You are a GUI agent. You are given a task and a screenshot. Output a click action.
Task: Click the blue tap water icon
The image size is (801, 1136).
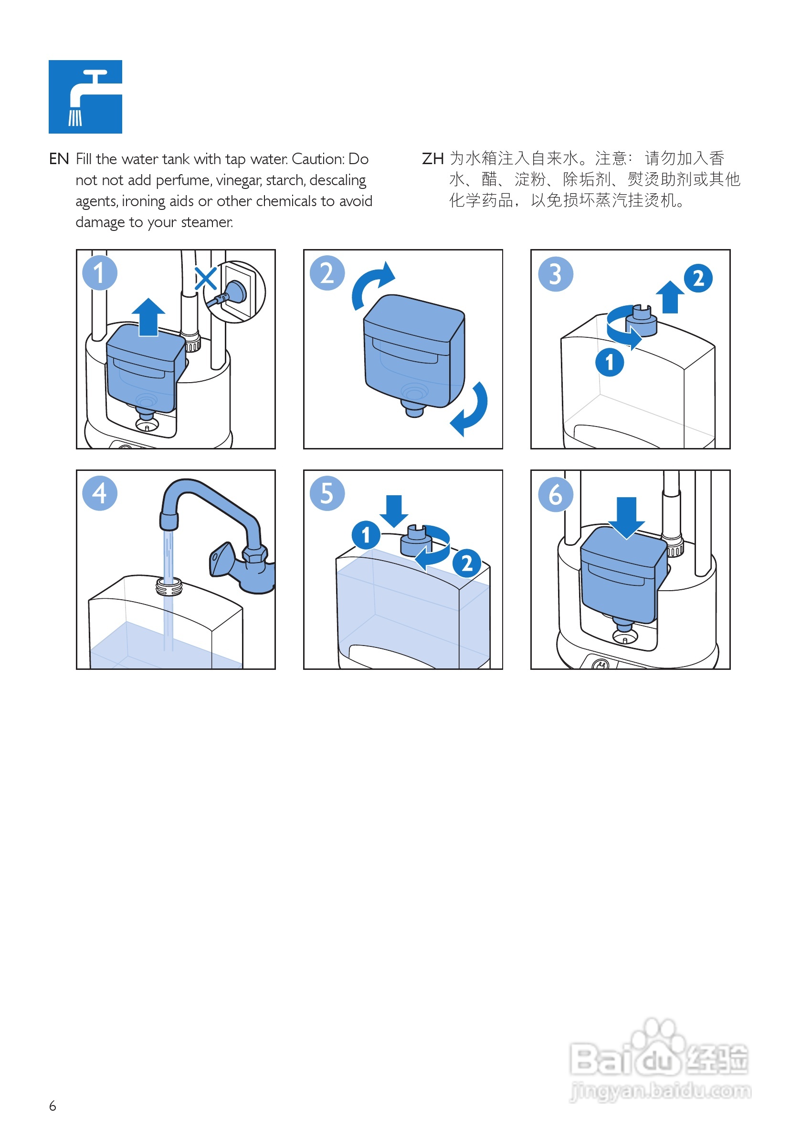click(85, 96)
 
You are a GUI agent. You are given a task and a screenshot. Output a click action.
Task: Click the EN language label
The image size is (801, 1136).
click(59, 159)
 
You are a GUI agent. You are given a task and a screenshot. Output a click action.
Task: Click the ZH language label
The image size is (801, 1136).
click(432, 159)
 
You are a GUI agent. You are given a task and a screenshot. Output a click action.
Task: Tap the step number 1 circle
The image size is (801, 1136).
click(99, 272)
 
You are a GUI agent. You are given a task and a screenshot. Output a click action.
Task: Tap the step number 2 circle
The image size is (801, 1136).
click(327, 272)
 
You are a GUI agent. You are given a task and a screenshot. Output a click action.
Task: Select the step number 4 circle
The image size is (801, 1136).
click(99, 493)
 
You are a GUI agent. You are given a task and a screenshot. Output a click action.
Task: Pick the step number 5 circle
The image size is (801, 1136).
click(327, 493)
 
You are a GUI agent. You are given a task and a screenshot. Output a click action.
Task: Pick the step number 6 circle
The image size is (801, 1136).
click(555, 494)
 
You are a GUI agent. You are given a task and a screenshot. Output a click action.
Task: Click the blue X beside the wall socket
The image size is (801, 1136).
click(205, 279)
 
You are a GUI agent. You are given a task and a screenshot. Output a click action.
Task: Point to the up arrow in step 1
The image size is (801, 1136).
click(148, 317)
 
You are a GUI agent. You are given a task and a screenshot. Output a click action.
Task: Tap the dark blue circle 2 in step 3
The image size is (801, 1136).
click(698, 278)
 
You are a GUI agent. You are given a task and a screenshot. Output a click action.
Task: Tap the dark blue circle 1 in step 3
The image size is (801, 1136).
click(610, 362)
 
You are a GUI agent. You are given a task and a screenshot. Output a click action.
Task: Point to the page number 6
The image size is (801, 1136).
click(53, 1106)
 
